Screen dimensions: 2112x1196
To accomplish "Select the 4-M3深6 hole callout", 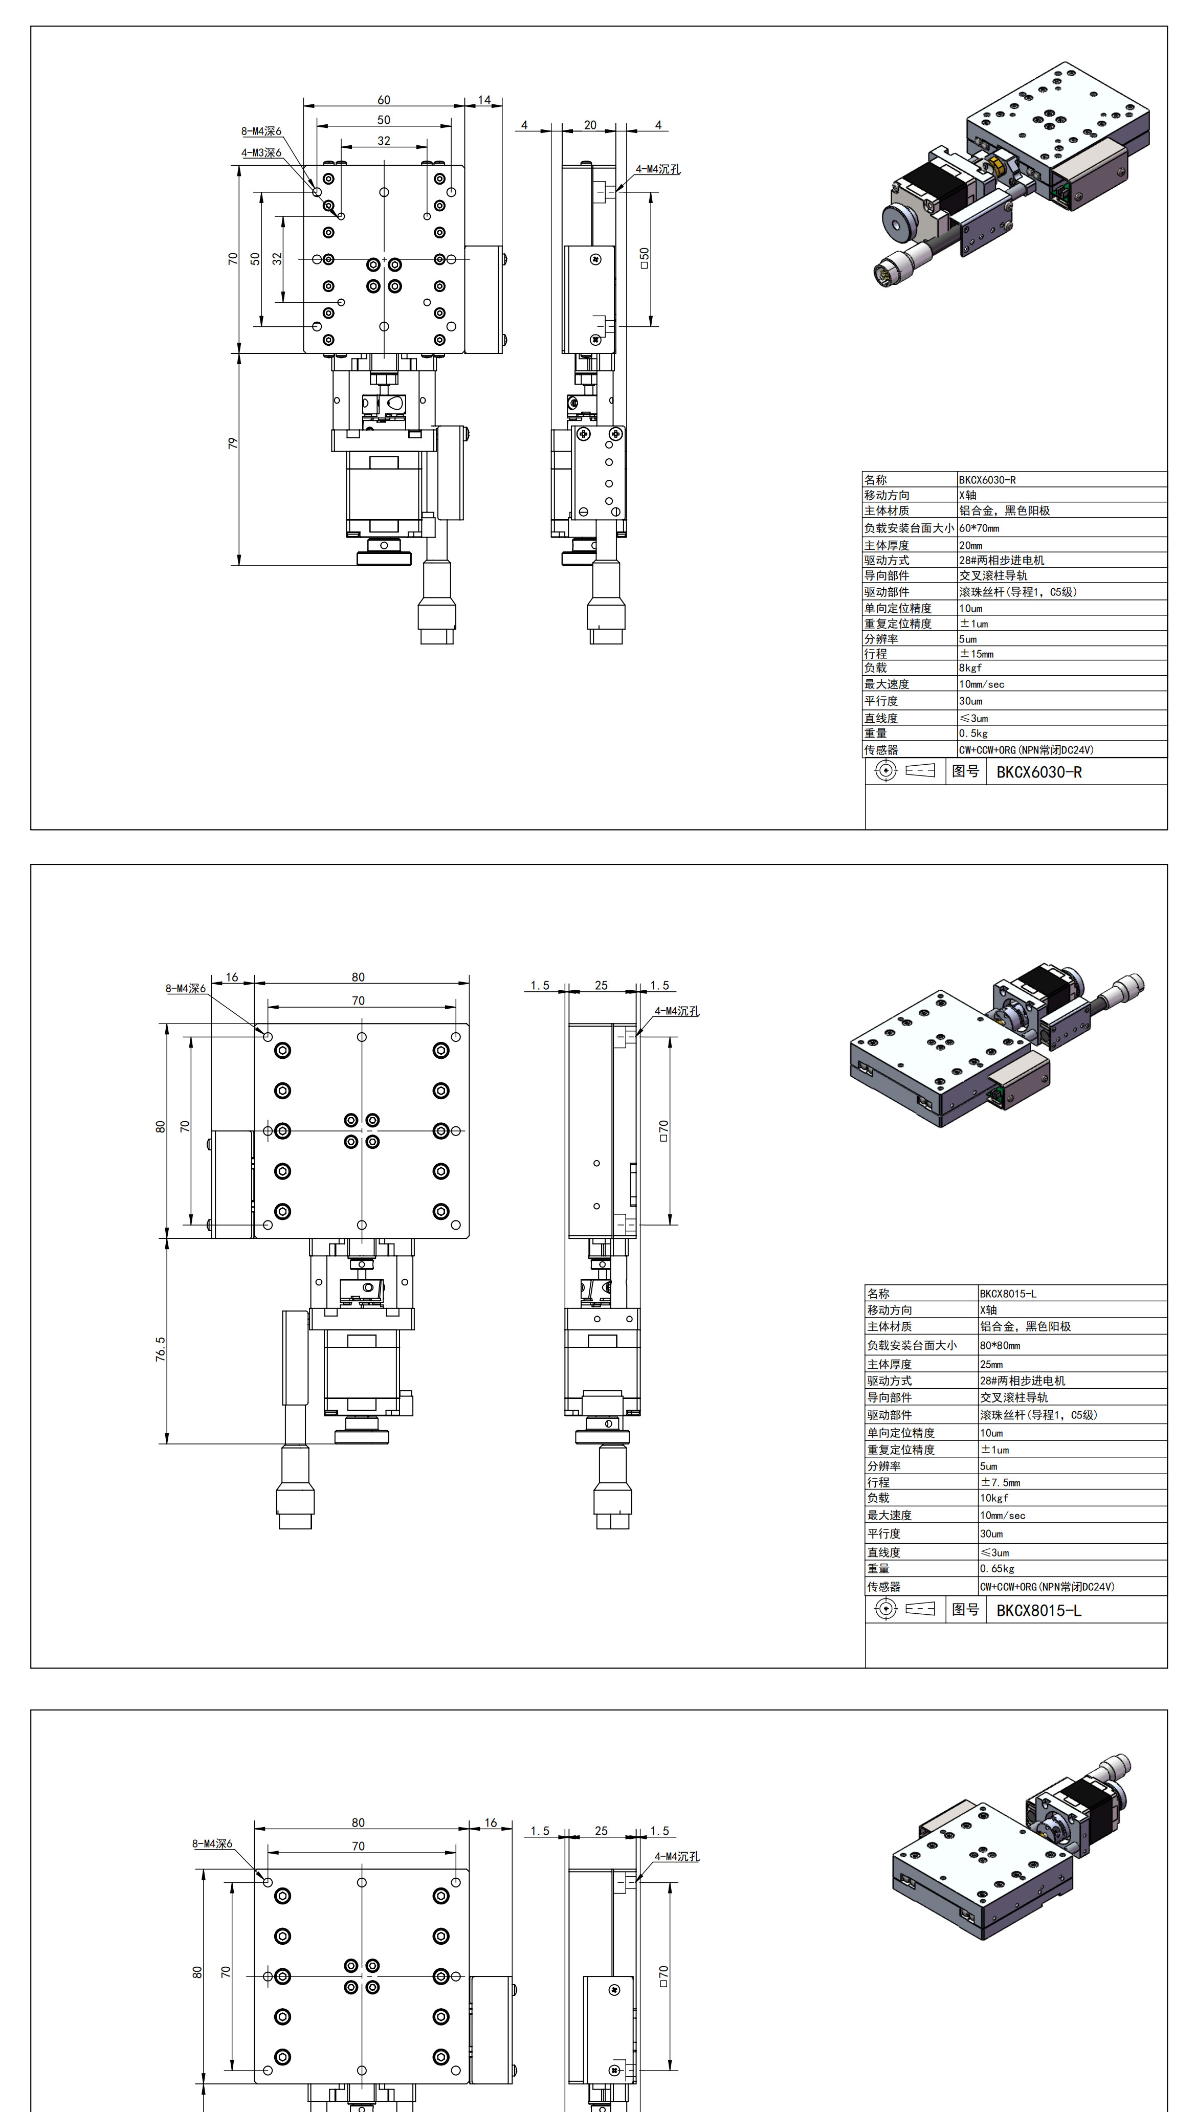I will [x=261, y=153].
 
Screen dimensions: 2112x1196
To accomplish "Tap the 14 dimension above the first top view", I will [x=484, y=100].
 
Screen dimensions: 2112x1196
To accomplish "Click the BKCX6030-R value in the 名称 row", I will [x=987, y=480].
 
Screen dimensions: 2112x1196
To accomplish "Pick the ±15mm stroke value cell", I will [x=977, y=654].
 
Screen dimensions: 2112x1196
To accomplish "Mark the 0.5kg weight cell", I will [x=973, y=733].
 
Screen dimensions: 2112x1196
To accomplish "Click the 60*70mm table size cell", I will [x=979, y=528].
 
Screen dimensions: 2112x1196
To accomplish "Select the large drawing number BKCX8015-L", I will [x=1039, y=1610].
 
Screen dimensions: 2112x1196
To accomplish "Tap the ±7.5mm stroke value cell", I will [x=1000, y=1482].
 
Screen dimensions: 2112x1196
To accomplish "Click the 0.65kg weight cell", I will [x=997, y=1568].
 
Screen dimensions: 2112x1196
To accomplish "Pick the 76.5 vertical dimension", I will [x=160, y=1349].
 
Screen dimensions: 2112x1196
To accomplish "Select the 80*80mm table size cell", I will [x=1000, y=1345].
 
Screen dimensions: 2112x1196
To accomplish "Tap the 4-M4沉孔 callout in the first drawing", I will [x=658, y=169].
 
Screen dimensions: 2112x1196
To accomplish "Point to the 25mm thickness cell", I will [x=991, y=1364].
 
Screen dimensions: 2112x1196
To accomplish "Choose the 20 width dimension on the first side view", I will [x=590, y=125].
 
